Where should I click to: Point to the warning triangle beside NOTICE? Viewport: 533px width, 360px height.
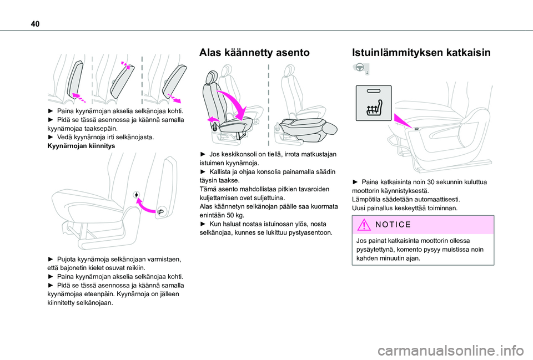click(x=364, y=225)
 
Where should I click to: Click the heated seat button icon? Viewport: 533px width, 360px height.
click(x=374, y=103)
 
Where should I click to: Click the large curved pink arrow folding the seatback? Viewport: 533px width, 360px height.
click(x=233, y=103)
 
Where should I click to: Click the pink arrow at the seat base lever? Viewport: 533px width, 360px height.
click(x=212, y=119)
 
